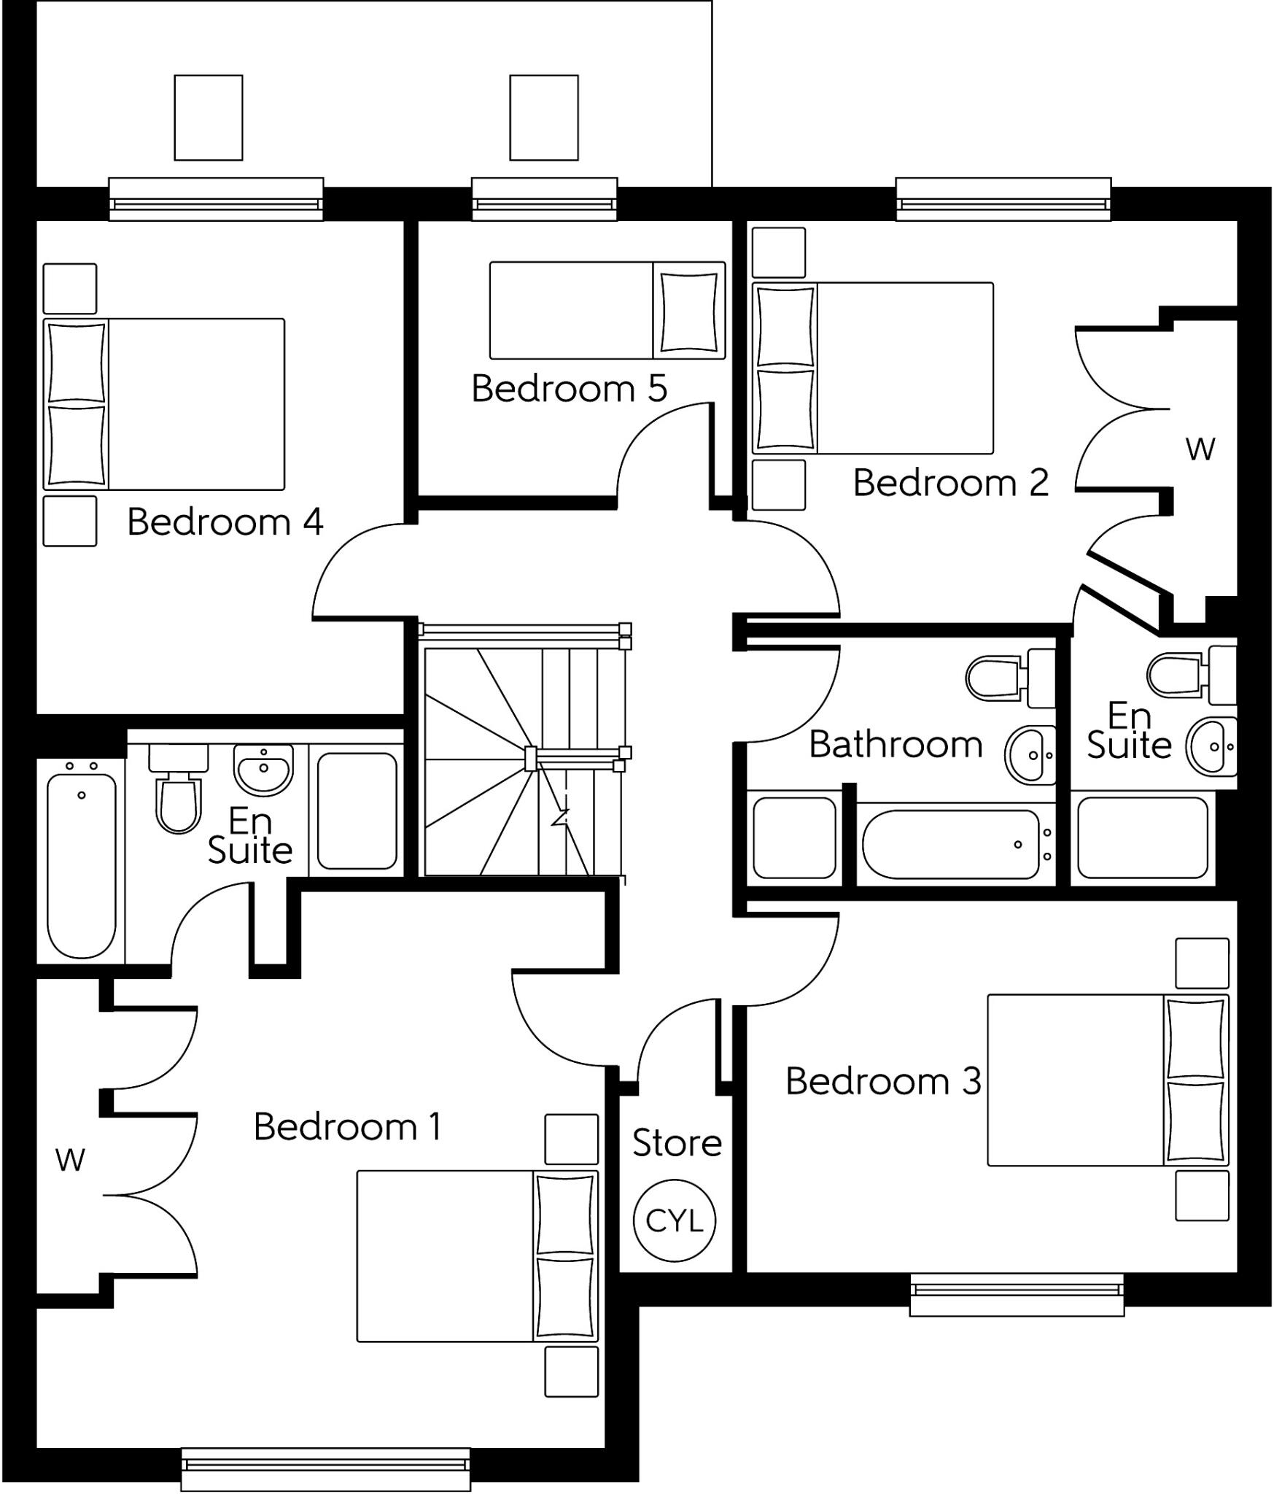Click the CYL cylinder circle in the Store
674,1220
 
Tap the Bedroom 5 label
569,388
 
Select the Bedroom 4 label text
225,522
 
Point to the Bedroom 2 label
950,483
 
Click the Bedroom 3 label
883,1081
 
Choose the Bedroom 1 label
347,1126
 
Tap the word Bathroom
896,745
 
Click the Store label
677,1142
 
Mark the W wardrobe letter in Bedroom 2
1200,449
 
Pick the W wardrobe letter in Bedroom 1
70,1159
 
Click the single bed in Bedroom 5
607,311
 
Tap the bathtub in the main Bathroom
950,845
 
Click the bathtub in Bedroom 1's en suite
82,864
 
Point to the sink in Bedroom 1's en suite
263,769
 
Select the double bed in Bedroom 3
1107,1080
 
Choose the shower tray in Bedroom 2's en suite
1142,837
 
